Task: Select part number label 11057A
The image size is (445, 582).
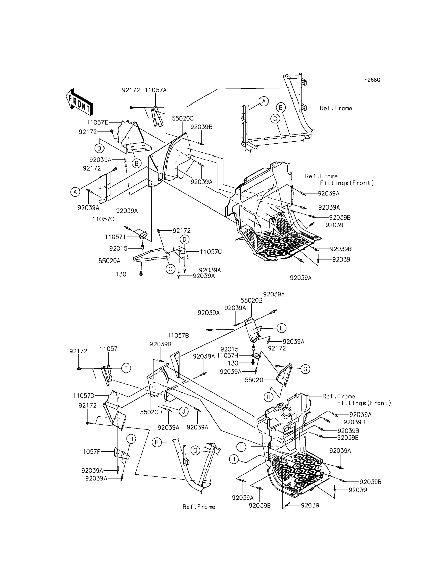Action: click(x=156, y=90)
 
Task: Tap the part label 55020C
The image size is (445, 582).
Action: click(x=183, y=119)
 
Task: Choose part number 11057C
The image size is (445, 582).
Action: click(x=103, y=219)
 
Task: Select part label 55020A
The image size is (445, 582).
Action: click(x=109, y=261)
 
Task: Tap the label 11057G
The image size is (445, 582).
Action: click(x=211, y=252)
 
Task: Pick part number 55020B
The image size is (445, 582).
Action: click(x=252, y=301)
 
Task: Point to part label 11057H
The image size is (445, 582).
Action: click(x=228, y=356)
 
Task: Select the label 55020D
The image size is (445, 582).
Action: click(x=151, y=412)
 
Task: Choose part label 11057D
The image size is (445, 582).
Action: click(x=84, y=396)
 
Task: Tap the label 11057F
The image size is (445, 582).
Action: click(x=90, y=452)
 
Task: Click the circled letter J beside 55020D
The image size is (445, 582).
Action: click(x=184, y=412)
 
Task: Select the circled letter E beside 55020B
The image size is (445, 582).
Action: click(x=281, y=328)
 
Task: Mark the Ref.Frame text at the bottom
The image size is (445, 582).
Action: click(x=199, y=507)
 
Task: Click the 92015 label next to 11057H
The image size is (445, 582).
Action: click(x=230, y=349)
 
